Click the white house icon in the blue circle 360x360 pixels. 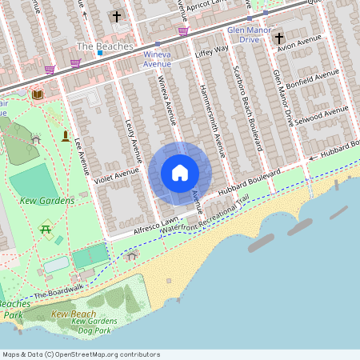pos(179,173)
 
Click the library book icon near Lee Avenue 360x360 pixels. pos(37,94)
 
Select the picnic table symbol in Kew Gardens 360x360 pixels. pos(46,230)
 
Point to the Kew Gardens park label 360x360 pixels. pos(49,200)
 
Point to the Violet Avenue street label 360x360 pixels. pos(115,175)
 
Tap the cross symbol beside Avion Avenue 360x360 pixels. pos(279,38)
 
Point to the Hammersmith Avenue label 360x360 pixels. pos(212,118)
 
